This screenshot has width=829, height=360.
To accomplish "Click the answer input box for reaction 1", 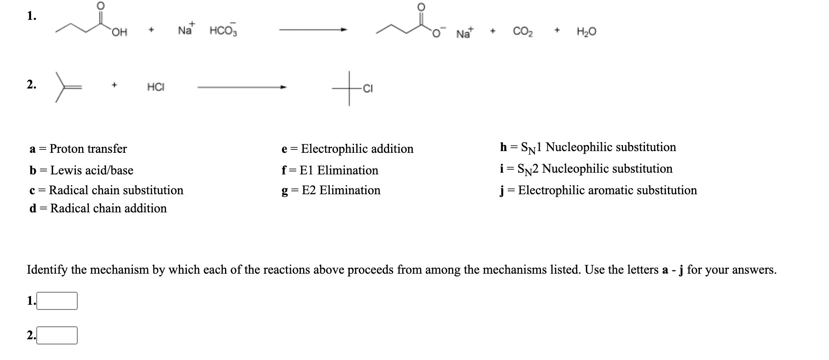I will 57,301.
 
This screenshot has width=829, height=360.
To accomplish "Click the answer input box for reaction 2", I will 57,335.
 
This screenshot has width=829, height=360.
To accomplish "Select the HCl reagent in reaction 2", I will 155,87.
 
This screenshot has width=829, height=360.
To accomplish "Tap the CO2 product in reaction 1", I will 522,32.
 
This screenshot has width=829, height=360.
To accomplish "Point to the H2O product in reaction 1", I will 586,32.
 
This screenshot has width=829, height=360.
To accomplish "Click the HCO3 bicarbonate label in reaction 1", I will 223,31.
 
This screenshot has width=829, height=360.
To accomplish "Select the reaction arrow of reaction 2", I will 242,87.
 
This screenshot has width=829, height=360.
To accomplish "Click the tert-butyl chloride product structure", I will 352,89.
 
